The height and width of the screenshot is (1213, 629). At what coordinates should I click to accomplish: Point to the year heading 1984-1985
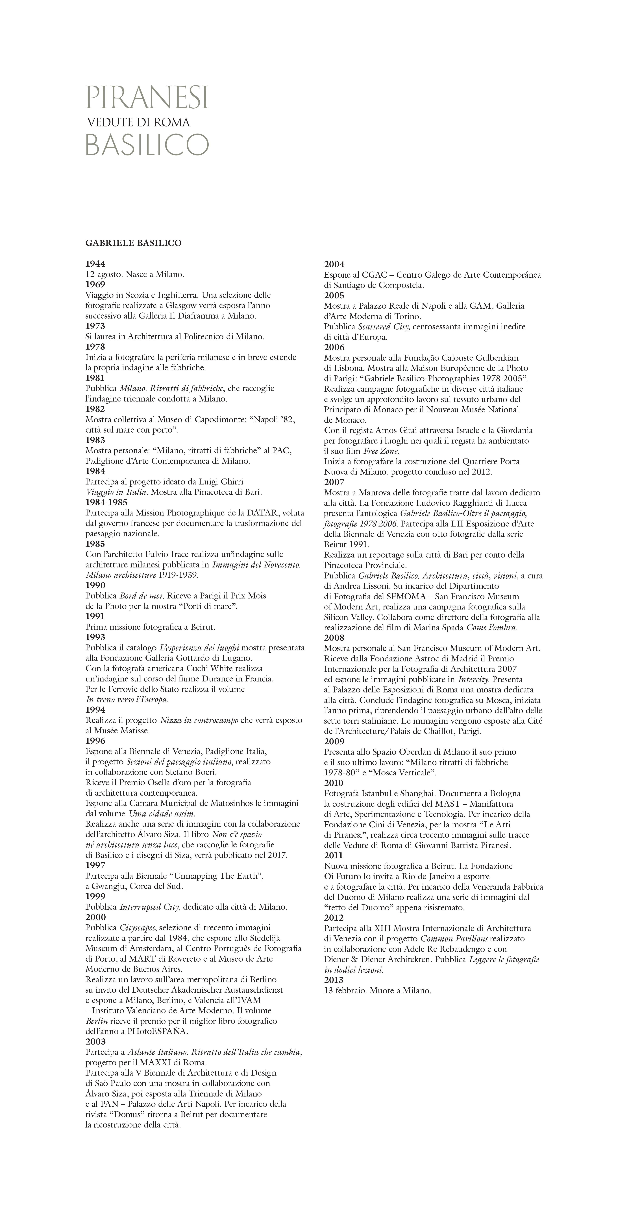point(106,503)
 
